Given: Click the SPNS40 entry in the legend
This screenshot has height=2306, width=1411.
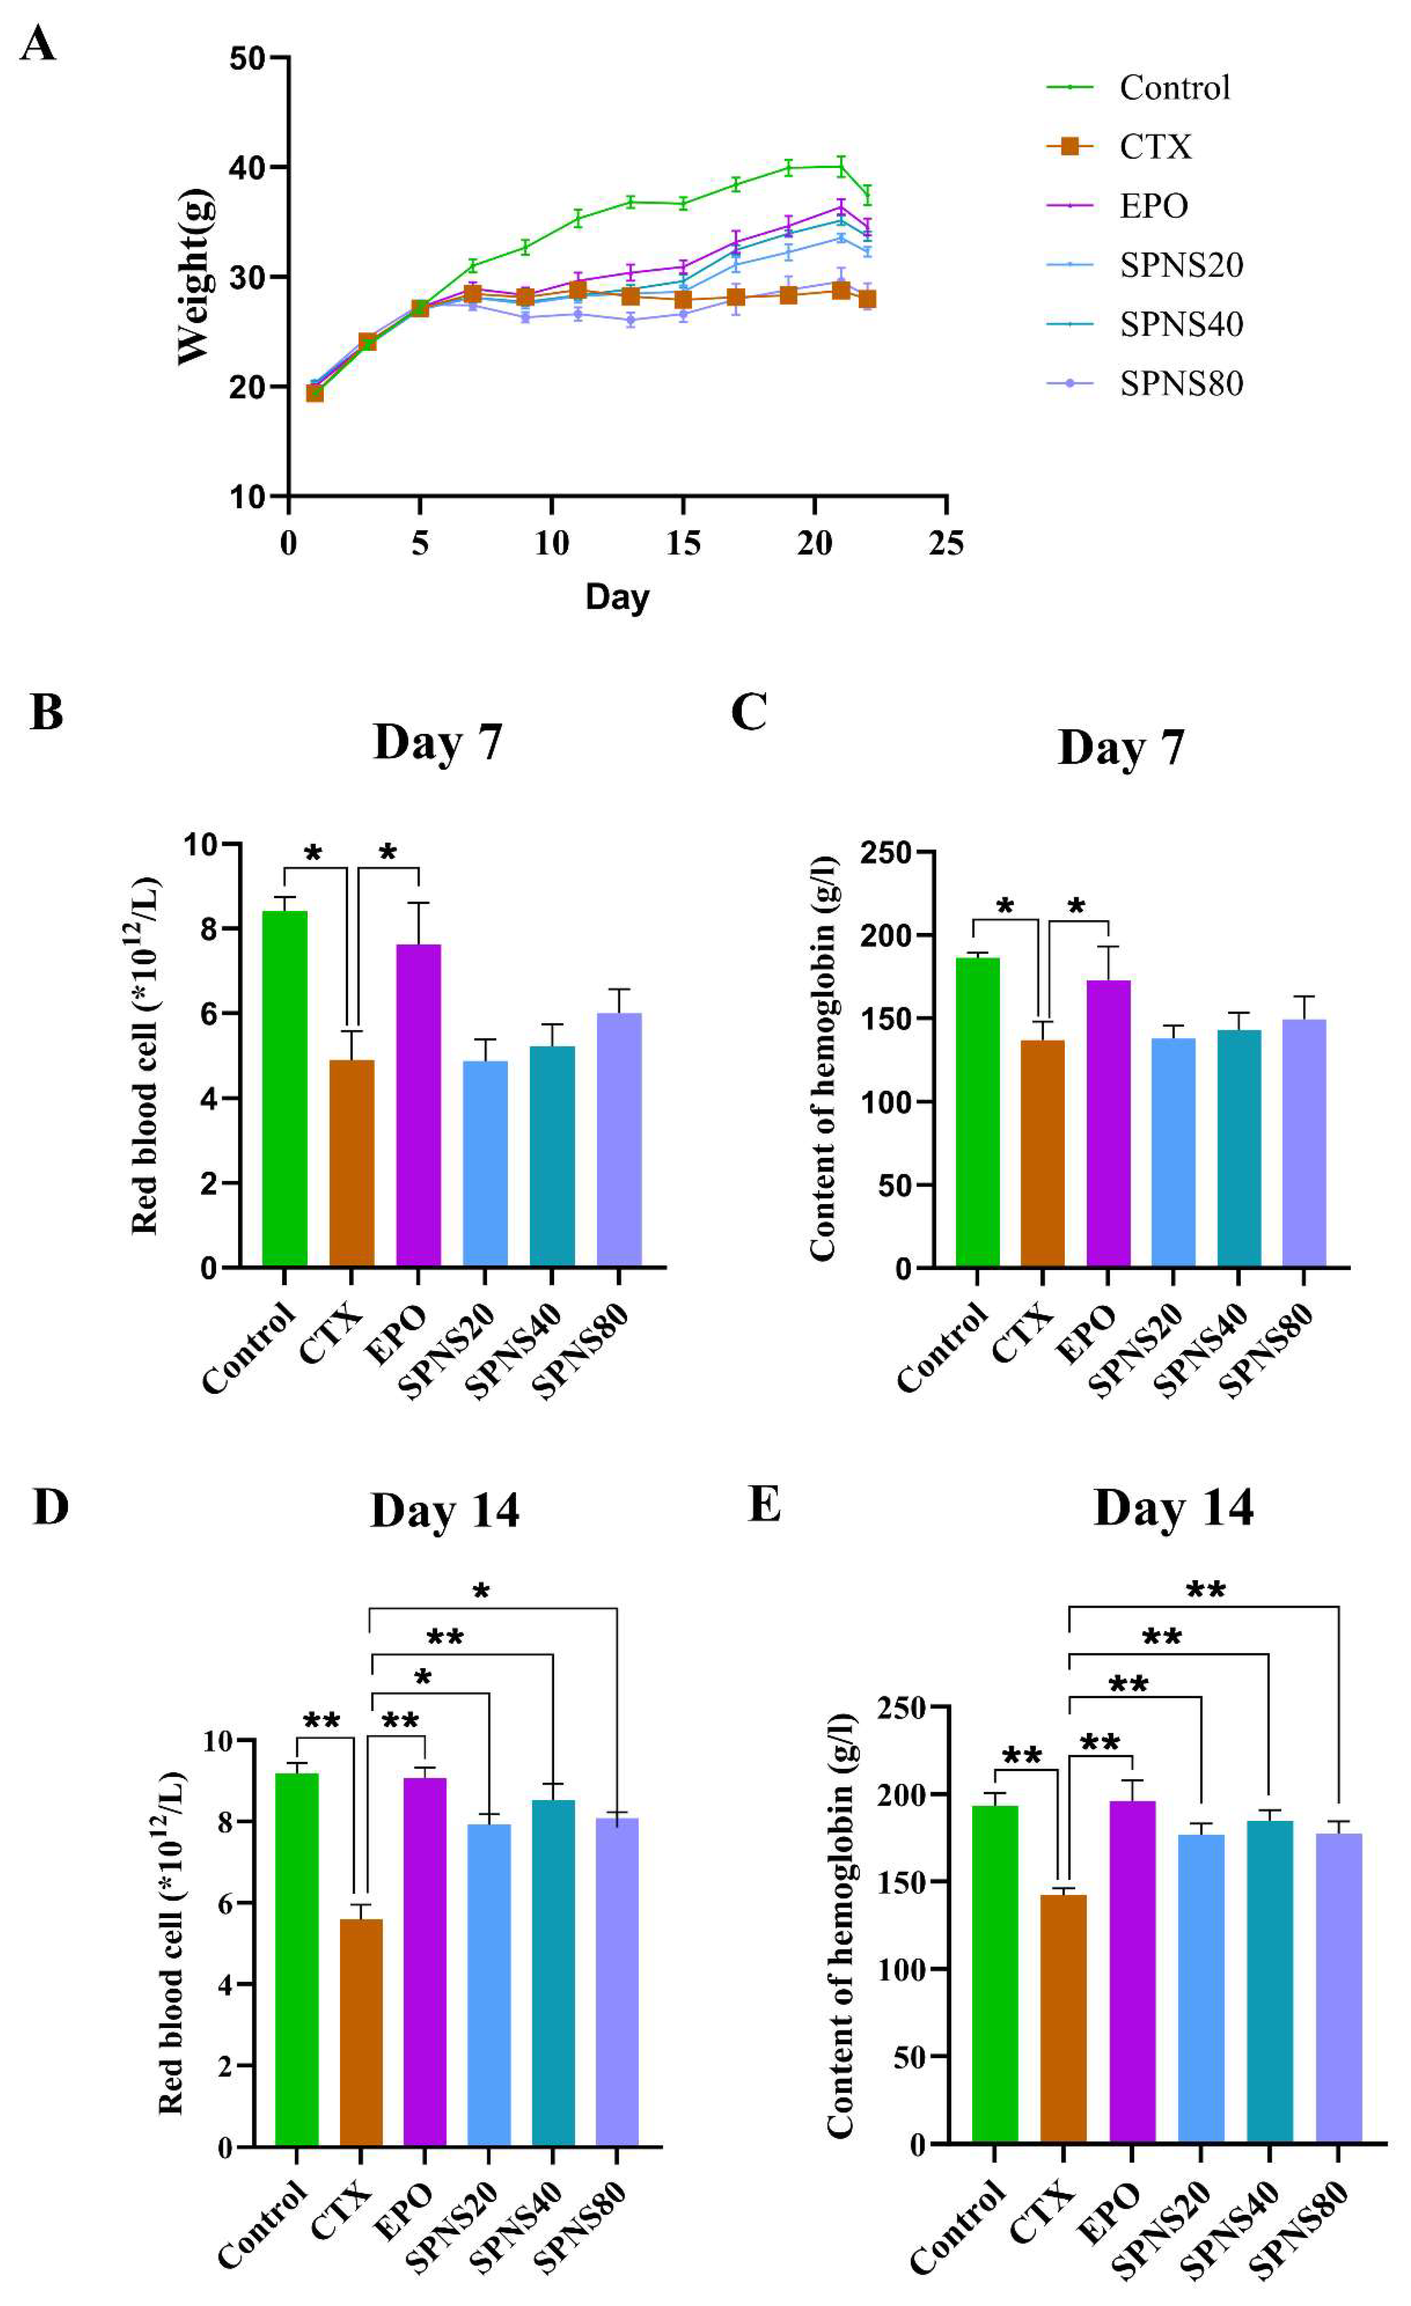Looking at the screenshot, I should coord(1181,325).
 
